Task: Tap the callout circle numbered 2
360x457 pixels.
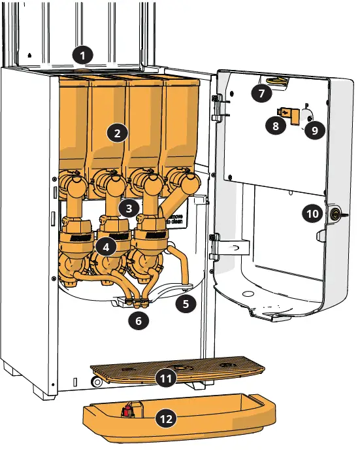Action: click(117, 133)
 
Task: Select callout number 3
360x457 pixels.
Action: click(129, 208)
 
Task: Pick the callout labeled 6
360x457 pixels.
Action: click(138, 320)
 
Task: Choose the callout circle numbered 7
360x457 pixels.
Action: click(261, 93)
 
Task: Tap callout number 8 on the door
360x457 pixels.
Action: click(276, 126)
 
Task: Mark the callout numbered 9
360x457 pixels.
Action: click(314, 130)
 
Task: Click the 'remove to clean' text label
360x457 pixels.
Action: click(177, 219)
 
